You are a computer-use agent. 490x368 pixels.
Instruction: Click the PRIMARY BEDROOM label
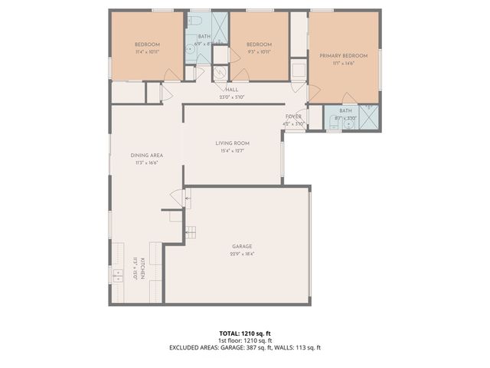[x=344, y=56]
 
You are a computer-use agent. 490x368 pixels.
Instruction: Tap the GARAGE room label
[x=242, y=246]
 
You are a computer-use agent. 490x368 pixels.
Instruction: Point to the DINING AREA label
[x=146, y=156]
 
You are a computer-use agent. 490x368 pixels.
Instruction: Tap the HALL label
[x=231, y=90]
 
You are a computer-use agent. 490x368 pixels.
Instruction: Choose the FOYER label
[x=294, y=117]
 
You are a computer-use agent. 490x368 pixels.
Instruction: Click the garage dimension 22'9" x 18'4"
[x=242, y=254]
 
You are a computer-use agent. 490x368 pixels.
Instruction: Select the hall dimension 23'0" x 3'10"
[x=231, y=97]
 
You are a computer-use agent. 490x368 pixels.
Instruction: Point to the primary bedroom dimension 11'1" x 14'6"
[x=344, y=64]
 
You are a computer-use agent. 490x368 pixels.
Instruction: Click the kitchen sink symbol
[x=118, y=276]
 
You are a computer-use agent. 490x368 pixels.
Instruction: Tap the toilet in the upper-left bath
[x=194, y=21]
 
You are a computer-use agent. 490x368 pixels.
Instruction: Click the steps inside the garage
[x=191, y=232]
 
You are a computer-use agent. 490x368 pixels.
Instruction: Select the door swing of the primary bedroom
[x=348, y=97]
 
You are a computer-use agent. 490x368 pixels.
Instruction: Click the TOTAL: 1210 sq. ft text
[x=245, y=333]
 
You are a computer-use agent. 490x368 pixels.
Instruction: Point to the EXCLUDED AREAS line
[x=245, y=347]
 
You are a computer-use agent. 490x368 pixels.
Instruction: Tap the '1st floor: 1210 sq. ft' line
[x=245, y=340]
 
